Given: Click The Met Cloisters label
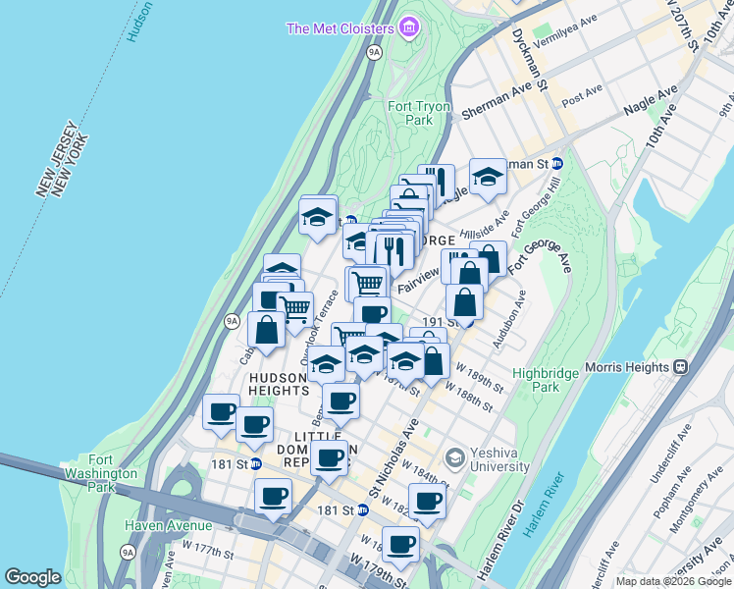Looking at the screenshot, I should [x=340, y=27].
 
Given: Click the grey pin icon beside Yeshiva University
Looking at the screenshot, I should [x=454, y=458].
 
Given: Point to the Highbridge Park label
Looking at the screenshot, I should [x=548, y=380].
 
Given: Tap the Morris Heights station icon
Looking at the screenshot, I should [x=681, y=367].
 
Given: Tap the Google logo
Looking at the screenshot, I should [x=33, y=577].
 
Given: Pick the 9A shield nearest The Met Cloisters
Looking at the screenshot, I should [x=374, y=53].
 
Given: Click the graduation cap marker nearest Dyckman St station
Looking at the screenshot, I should [x=487, y=177].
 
